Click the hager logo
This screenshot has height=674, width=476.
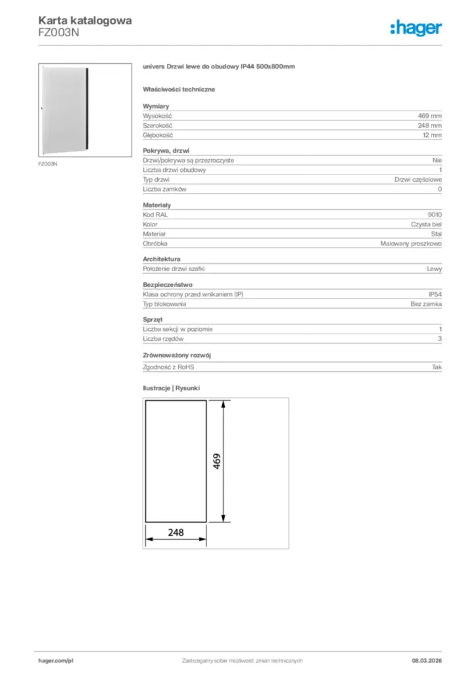pyautogui.click(x=416, y=28)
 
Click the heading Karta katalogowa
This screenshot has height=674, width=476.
pyautogui.click(x=85, y=20)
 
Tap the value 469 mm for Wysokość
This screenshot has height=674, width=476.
pyautogui.click(x=430, y=115)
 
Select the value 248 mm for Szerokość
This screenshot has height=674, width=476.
pyautogui.click(x=430, y=125)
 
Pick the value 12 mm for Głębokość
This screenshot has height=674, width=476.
pyautogui.click(x=432, y=135)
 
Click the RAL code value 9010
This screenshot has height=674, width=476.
pyautogui.click(x=435, y=215)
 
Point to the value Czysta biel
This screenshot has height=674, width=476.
pyautogui.click(x=427, y=224)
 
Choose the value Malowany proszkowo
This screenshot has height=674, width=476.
pyautogui.click(x=411, y=244)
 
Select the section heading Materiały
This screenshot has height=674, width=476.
pyautogui.click(x=157, y=205)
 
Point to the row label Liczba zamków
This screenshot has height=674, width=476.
pyautogui.click(x=165, y=190)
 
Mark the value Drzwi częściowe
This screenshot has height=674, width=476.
pyautogui.click(x=418, y=180)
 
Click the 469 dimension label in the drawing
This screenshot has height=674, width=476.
pyautogui.click(x=216, y=461)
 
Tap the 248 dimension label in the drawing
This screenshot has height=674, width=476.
pyautogui.click(x=176, y=532)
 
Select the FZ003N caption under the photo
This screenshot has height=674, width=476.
pyautogui.click(x=47, y=163)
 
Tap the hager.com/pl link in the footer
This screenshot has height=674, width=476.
pyautogui.click(x=55, y=660)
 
